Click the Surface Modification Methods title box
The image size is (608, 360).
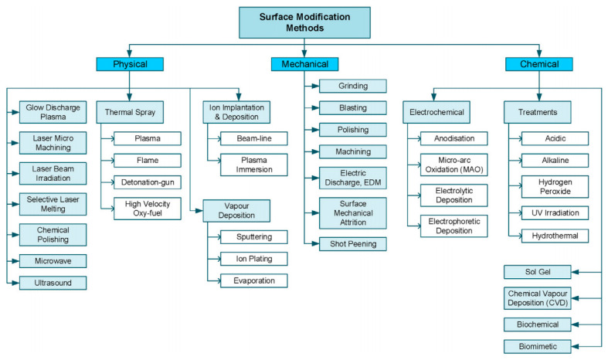point(303,22)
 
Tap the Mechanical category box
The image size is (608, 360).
point(303,64)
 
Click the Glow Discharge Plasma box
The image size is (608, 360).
point(52,113)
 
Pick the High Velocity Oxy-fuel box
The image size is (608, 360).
point(148,209)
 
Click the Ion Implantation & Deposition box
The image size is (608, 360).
point(236,113)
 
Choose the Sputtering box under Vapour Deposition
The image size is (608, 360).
point(253,236)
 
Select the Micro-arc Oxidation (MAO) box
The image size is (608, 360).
point(454,164)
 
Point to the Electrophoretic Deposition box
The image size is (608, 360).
point(454,226)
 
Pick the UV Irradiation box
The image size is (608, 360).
point(555,212)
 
